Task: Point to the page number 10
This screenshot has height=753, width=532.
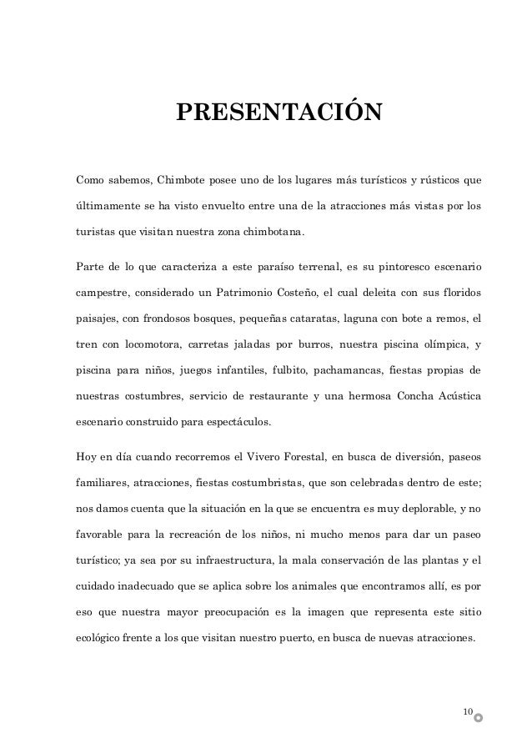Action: tap(467, 711)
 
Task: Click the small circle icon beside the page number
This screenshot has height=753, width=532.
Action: tap(478, 716)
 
